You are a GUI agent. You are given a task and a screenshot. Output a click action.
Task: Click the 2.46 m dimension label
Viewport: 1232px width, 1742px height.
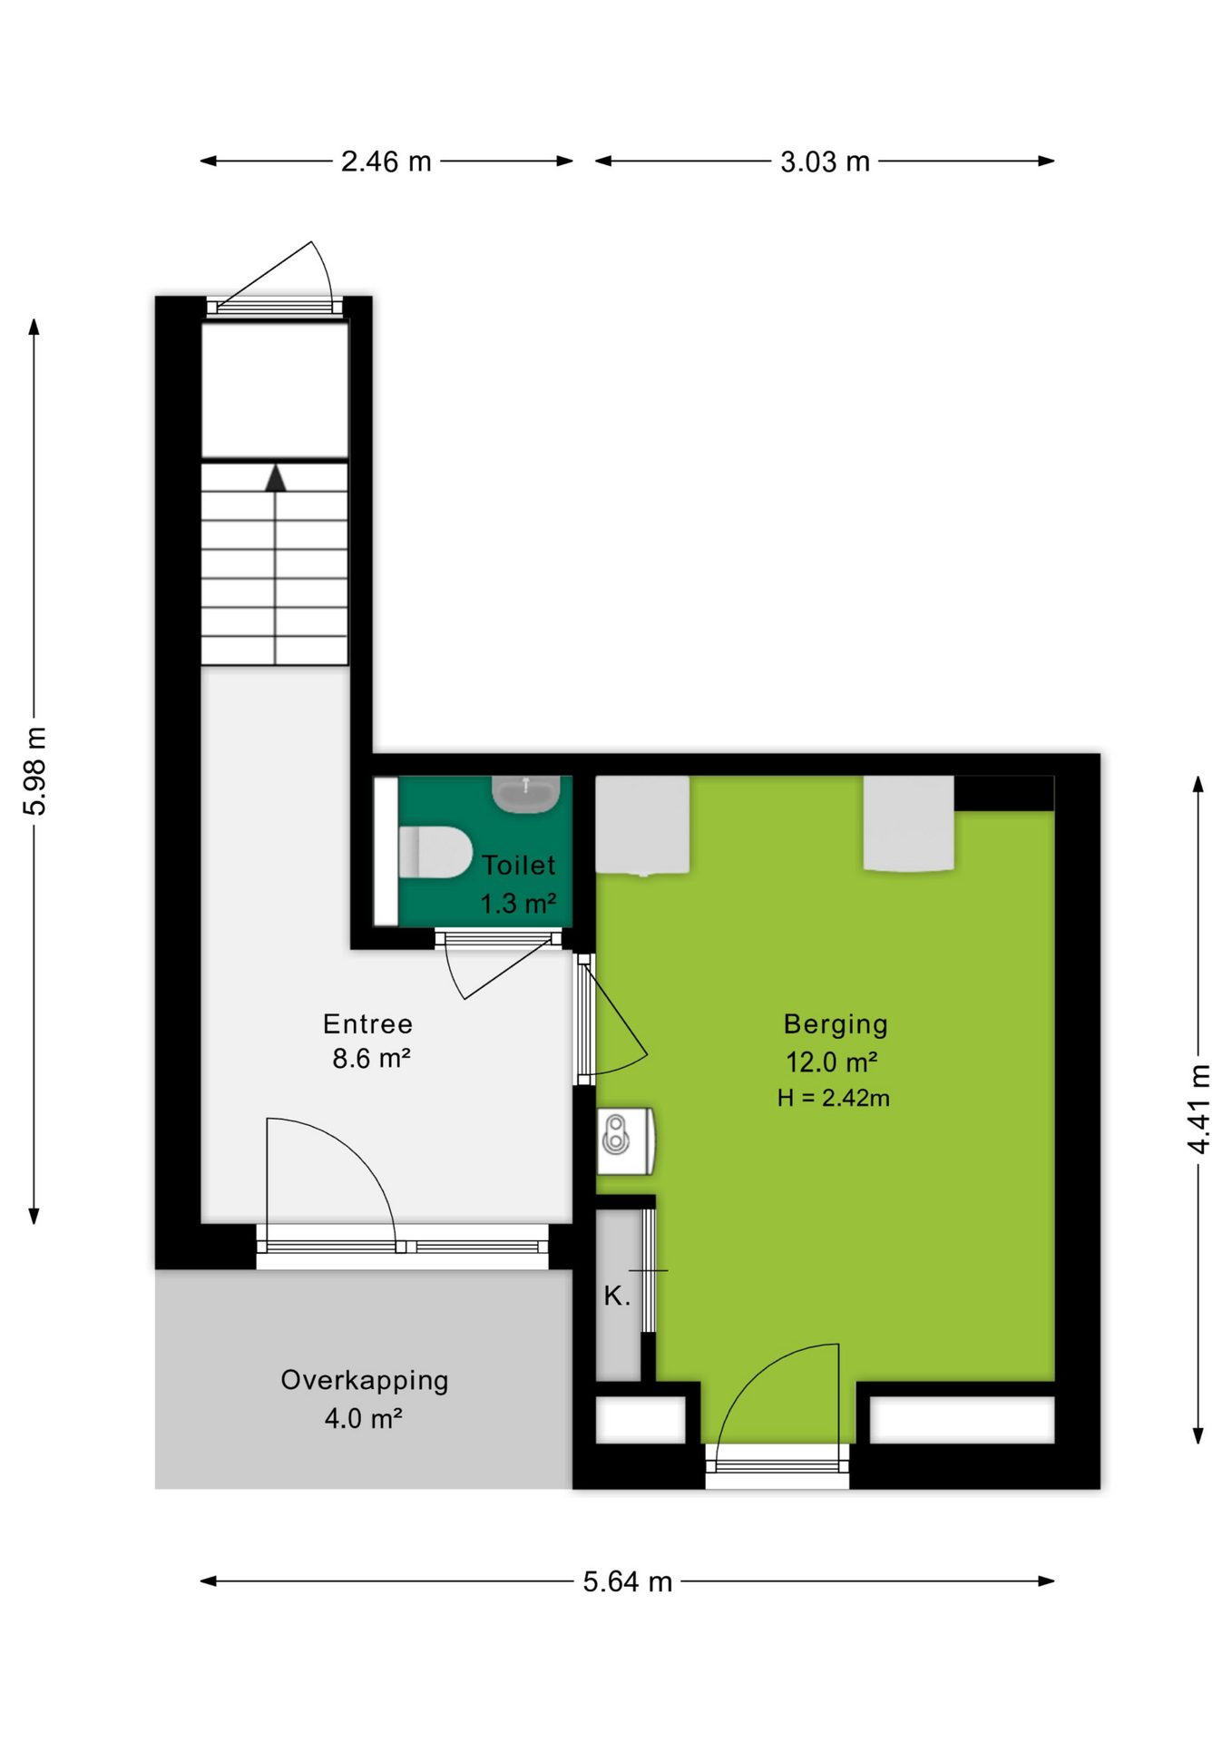click(386, 161)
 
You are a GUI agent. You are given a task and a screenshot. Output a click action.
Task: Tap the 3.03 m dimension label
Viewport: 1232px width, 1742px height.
click(825, 161)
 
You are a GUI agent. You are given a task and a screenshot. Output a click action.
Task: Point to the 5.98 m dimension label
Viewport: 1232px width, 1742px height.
click(34, 770)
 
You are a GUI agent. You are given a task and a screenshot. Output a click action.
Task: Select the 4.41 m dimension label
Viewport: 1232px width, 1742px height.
click(1198, 1109)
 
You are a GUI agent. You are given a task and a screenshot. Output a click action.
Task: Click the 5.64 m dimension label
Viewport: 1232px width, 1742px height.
click(628, 1581)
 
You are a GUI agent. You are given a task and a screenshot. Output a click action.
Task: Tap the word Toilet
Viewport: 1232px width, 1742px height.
click(518, 865)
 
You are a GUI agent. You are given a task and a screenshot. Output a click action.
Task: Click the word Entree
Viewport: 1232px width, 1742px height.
click(367, 1023)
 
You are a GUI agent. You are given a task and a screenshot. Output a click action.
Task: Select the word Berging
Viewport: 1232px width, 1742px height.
click(836, 1024)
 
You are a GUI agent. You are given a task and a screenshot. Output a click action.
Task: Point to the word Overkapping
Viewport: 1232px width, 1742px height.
click(365, 1380)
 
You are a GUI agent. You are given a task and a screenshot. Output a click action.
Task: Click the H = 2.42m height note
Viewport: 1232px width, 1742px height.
click(833, 1098)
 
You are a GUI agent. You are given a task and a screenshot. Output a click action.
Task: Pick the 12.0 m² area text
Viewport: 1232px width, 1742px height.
click(831, 1062)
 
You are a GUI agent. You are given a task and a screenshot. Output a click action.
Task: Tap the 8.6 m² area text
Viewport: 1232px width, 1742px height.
click(371, 1058)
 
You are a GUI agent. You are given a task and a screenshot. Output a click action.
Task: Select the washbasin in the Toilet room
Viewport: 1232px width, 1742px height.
click(525, 794)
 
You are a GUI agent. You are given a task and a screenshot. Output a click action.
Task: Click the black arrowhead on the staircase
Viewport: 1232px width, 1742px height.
click(275, 478)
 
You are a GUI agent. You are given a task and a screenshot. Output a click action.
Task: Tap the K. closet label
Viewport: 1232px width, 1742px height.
click(617, 1296)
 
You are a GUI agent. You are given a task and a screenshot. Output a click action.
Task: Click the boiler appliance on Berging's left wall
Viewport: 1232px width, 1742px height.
click(626, 1140)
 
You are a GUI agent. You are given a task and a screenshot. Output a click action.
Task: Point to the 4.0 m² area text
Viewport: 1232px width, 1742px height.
click(364, 1417)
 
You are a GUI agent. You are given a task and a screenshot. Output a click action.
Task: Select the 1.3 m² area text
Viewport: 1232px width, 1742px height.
click(518, 904)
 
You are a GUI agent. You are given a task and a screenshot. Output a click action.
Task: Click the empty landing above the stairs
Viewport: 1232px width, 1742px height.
click(275, 390)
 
